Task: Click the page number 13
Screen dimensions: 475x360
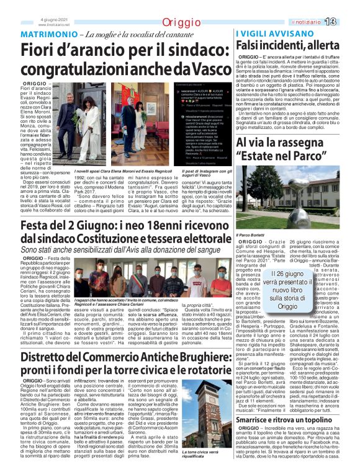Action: point(346,22)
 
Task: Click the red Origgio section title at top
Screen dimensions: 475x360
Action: point(180,23)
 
